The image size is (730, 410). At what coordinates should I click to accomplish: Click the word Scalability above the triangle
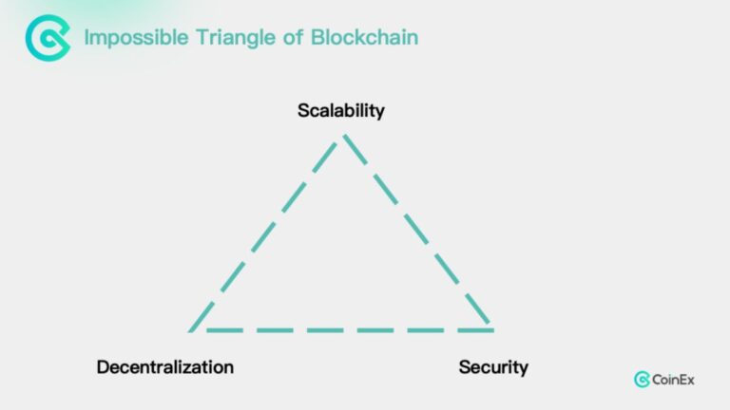click(x=341, y=111)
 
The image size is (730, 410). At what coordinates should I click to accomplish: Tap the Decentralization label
click(x=165, y=367)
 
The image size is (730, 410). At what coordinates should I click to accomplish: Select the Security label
click(x=493, y=367)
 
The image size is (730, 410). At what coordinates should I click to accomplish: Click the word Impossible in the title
click(x=137, y=38)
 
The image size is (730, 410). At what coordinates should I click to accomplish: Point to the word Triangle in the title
click(x=236, y=38)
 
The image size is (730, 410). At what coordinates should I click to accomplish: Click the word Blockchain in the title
click(x=365, y=37)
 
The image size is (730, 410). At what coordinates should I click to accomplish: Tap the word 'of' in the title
click(x=294, y=37)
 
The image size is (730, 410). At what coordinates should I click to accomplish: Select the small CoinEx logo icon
click(x=642, y=380)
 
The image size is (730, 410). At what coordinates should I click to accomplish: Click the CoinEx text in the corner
click(x=673, y=380)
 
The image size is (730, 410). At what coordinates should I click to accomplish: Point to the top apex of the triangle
click(x=344, y=136)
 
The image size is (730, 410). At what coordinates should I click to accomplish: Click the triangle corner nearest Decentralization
click(x=190, y=331)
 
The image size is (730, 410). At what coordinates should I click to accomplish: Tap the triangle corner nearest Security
click(x=491, y=329)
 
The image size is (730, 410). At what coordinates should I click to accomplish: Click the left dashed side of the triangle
click(x=266, y=233)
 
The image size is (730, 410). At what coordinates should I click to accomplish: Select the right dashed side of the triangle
click(x=417, y=231)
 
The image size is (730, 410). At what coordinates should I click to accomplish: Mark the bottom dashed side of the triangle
click(x=350, y=330)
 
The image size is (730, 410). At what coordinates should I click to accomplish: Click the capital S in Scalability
click(x=304, y=111)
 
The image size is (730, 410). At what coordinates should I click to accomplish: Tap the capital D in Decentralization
click(x=103, y=367)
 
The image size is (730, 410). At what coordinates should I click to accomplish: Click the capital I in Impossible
click(x=86, y=37)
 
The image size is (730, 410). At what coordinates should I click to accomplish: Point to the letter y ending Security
click(x=524, y=370)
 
